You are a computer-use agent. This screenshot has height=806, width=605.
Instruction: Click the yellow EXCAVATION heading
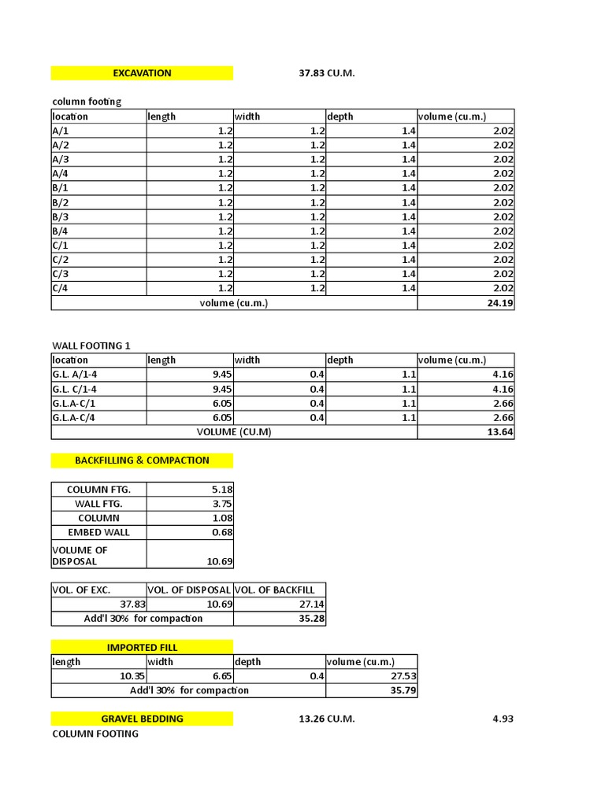coord(142,73)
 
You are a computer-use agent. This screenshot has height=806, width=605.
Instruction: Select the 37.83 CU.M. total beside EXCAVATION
coord(327,73)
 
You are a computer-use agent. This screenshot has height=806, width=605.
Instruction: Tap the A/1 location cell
coord(61,131)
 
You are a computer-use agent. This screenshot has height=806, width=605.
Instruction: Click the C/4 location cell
coord(61,288)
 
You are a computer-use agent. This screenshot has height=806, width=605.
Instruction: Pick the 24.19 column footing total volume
coord(500,303)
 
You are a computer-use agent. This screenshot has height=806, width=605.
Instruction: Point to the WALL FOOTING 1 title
coord(91,346)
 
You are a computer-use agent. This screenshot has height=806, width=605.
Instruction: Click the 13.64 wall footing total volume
coord(500,432)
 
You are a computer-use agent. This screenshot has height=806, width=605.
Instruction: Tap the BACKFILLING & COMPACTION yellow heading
coord(142,460)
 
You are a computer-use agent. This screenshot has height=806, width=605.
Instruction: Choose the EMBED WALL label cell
coord(98,532)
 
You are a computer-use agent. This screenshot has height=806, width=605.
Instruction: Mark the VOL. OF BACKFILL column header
coord(275,590)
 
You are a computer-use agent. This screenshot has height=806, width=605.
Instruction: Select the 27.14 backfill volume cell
coord(312,604)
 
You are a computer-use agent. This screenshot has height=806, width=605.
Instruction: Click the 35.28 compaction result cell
coord(312,618)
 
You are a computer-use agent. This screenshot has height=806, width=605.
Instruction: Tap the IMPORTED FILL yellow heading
coord(142,647)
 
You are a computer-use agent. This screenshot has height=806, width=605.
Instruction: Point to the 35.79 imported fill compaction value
coord(404,690)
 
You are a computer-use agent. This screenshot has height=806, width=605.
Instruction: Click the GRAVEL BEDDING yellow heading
coord(142,719)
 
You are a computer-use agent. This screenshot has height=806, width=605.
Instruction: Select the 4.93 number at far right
coord(501,719)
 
